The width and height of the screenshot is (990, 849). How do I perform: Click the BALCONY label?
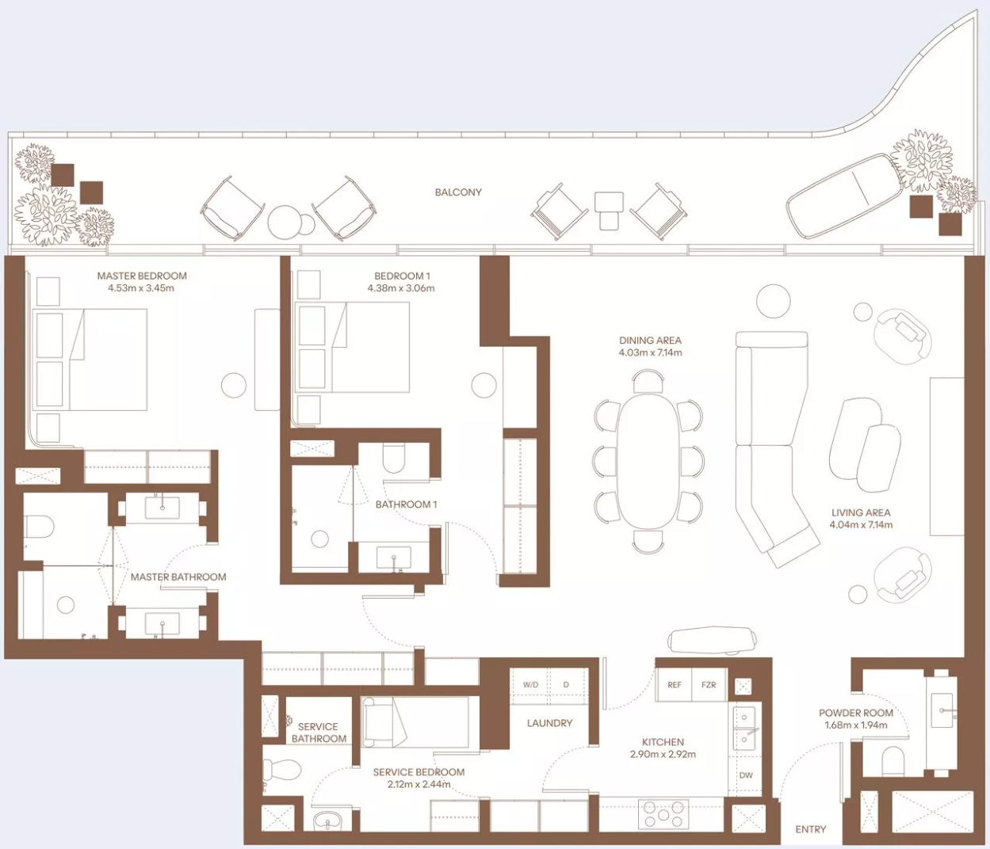[458, 192]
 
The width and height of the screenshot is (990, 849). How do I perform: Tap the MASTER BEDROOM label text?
[142, 276]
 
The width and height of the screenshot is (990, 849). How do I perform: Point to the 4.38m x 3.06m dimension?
[401, 288]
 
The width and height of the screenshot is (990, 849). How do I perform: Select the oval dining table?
[648, 461]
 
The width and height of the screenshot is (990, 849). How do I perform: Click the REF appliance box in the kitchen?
[675, 685]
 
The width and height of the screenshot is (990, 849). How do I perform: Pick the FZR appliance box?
[709, 685]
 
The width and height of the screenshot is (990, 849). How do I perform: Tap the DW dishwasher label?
[746, 775]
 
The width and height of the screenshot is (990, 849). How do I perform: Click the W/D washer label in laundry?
[531, 685]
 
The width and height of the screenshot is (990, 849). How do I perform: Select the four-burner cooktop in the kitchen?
[663, 814]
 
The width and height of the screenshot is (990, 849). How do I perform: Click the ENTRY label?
[810, 829]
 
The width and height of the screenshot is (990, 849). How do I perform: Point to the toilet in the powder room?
[893, 762]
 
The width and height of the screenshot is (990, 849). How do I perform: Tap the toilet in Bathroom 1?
[394, 457]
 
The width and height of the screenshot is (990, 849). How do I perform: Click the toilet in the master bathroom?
[38, 527]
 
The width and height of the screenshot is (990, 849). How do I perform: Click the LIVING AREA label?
[861, 512]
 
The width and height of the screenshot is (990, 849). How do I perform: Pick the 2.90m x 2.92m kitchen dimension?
[663, 755]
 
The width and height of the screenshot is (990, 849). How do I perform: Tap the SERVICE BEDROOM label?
[419, 772]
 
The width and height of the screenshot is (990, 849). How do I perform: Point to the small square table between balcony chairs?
[609, 211]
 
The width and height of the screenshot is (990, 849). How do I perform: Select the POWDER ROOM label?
[855, 713]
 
